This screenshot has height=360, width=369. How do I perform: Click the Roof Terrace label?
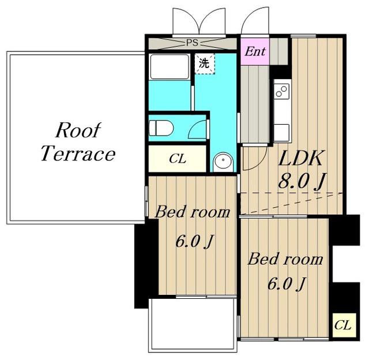78,142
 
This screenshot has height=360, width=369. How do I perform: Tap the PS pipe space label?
192,43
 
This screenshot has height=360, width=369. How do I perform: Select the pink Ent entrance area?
255,51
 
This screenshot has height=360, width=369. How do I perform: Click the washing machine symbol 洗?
204,63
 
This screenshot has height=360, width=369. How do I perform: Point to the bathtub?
170,67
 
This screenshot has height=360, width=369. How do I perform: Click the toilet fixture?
161,128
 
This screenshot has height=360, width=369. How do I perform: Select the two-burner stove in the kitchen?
282,91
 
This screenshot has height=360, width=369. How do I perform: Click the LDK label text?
300,158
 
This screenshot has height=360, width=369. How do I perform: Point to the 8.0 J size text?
302,181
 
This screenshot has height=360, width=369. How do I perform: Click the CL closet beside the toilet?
178,159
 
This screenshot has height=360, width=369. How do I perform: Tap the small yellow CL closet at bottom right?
342,325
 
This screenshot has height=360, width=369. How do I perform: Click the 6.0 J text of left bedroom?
194,242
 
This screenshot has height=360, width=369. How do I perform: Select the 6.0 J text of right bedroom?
286,284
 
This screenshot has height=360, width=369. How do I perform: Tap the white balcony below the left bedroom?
192,325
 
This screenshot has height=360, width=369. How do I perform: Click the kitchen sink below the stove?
282,133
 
